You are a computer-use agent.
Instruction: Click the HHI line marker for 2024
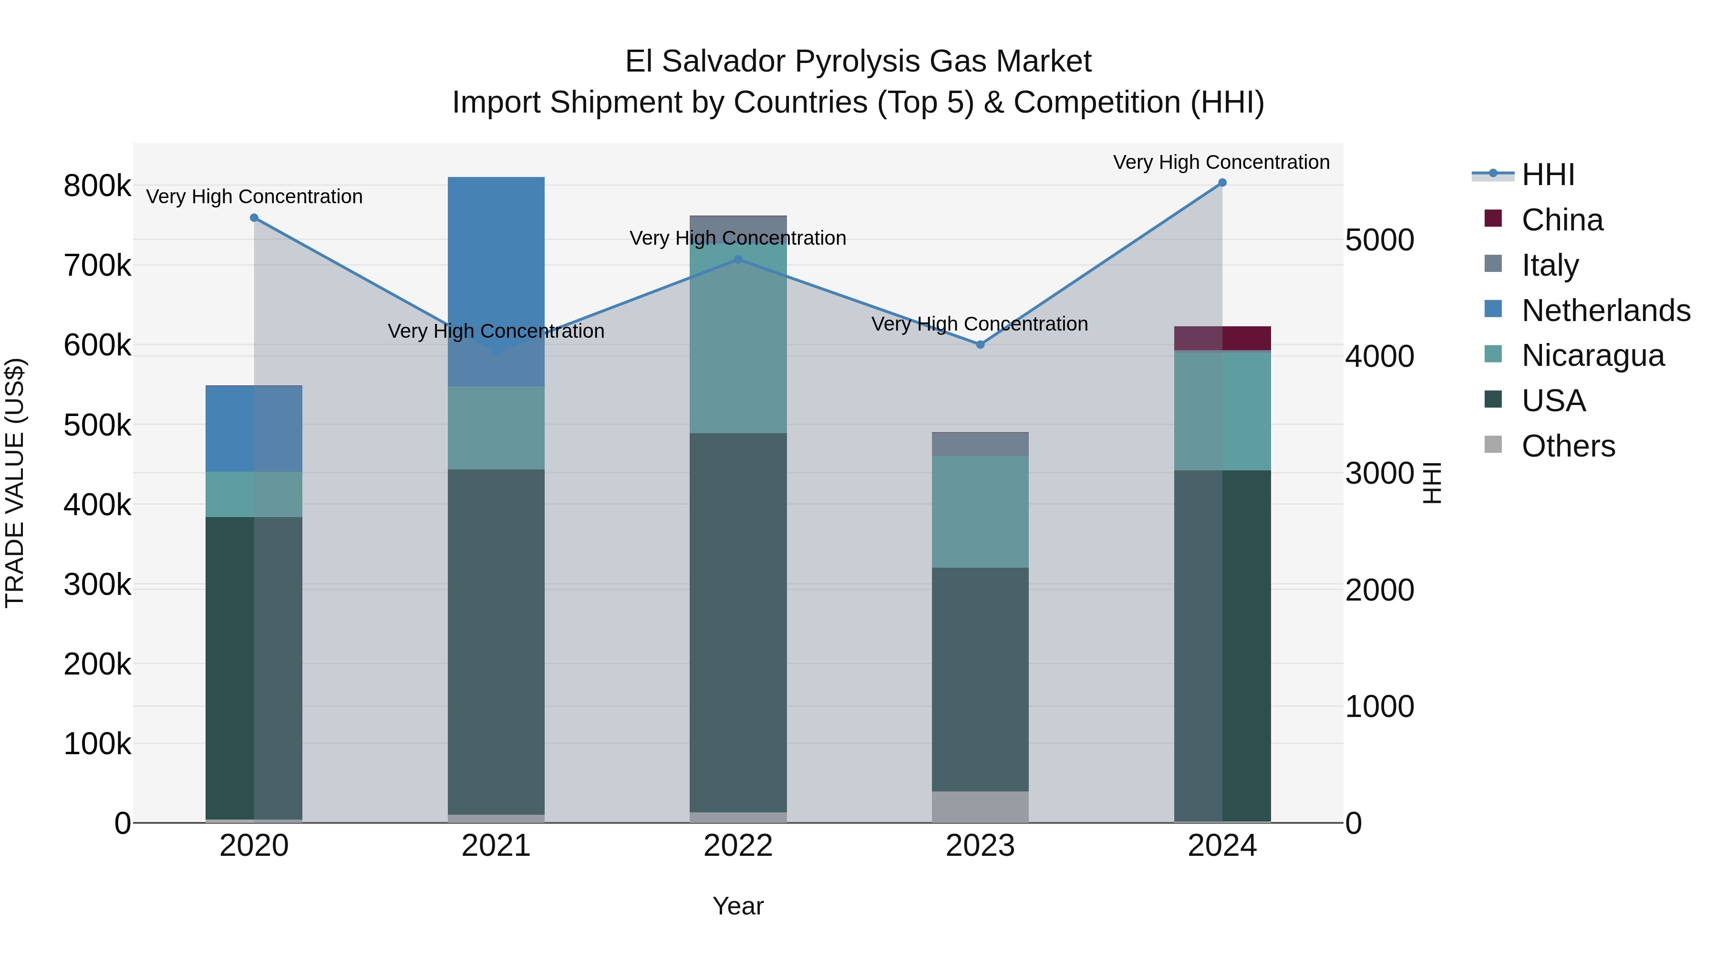(x=1222, y=183)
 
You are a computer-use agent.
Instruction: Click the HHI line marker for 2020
(x=254, y=218)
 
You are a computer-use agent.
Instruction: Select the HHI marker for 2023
(x=980, y=345)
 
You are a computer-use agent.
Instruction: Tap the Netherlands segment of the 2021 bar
(x=496, y=280)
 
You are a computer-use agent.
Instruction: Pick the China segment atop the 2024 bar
(x=1222, y=338)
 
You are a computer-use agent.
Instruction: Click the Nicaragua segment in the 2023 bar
(x=980, y=511)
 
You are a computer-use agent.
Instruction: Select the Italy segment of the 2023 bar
(x=980, y=444)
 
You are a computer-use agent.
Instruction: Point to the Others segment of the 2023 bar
(x=980, y=807)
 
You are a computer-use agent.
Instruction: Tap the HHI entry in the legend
(x=1548, y=175)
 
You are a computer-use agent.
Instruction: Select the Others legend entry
(x=1568, y=446)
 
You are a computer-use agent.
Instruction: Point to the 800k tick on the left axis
(x=97, y=186)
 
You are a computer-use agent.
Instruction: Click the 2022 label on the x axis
(x=738, y=846)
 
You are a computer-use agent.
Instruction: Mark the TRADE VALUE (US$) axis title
(x=15, y=483)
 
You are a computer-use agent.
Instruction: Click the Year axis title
(x=738, y=906)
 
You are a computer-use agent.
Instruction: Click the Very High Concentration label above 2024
(x=1221, y=162)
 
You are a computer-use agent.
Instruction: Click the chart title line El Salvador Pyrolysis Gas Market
(x=858, y=62)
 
